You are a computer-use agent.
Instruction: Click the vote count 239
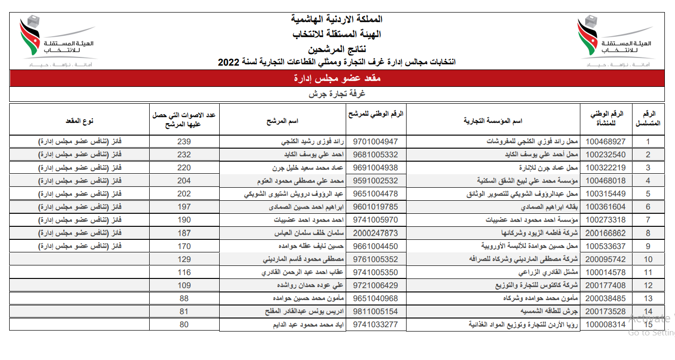tap(184, 142)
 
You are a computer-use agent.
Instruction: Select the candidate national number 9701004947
tap(376, 142)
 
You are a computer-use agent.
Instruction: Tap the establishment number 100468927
tap(605, 142)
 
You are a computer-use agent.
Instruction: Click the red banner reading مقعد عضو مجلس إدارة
tap(337, 78)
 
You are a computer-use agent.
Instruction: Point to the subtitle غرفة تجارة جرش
tap(337, 94)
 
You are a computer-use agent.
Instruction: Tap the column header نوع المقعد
tap(80, 121)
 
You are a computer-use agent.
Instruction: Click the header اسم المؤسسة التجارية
tap(493, 121)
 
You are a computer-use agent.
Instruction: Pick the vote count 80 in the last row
tap(184, 325)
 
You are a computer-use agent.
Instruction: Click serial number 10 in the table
tap(648, 259)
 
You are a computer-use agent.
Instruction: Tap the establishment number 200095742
tap(605, 259)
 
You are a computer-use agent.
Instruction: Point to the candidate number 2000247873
tap(376, 233)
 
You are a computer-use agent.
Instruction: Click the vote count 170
tap(184, 246)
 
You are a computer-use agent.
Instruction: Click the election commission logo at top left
tap(56, 41)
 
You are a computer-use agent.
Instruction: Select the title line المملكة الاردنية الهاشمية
tap(337, 19)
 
